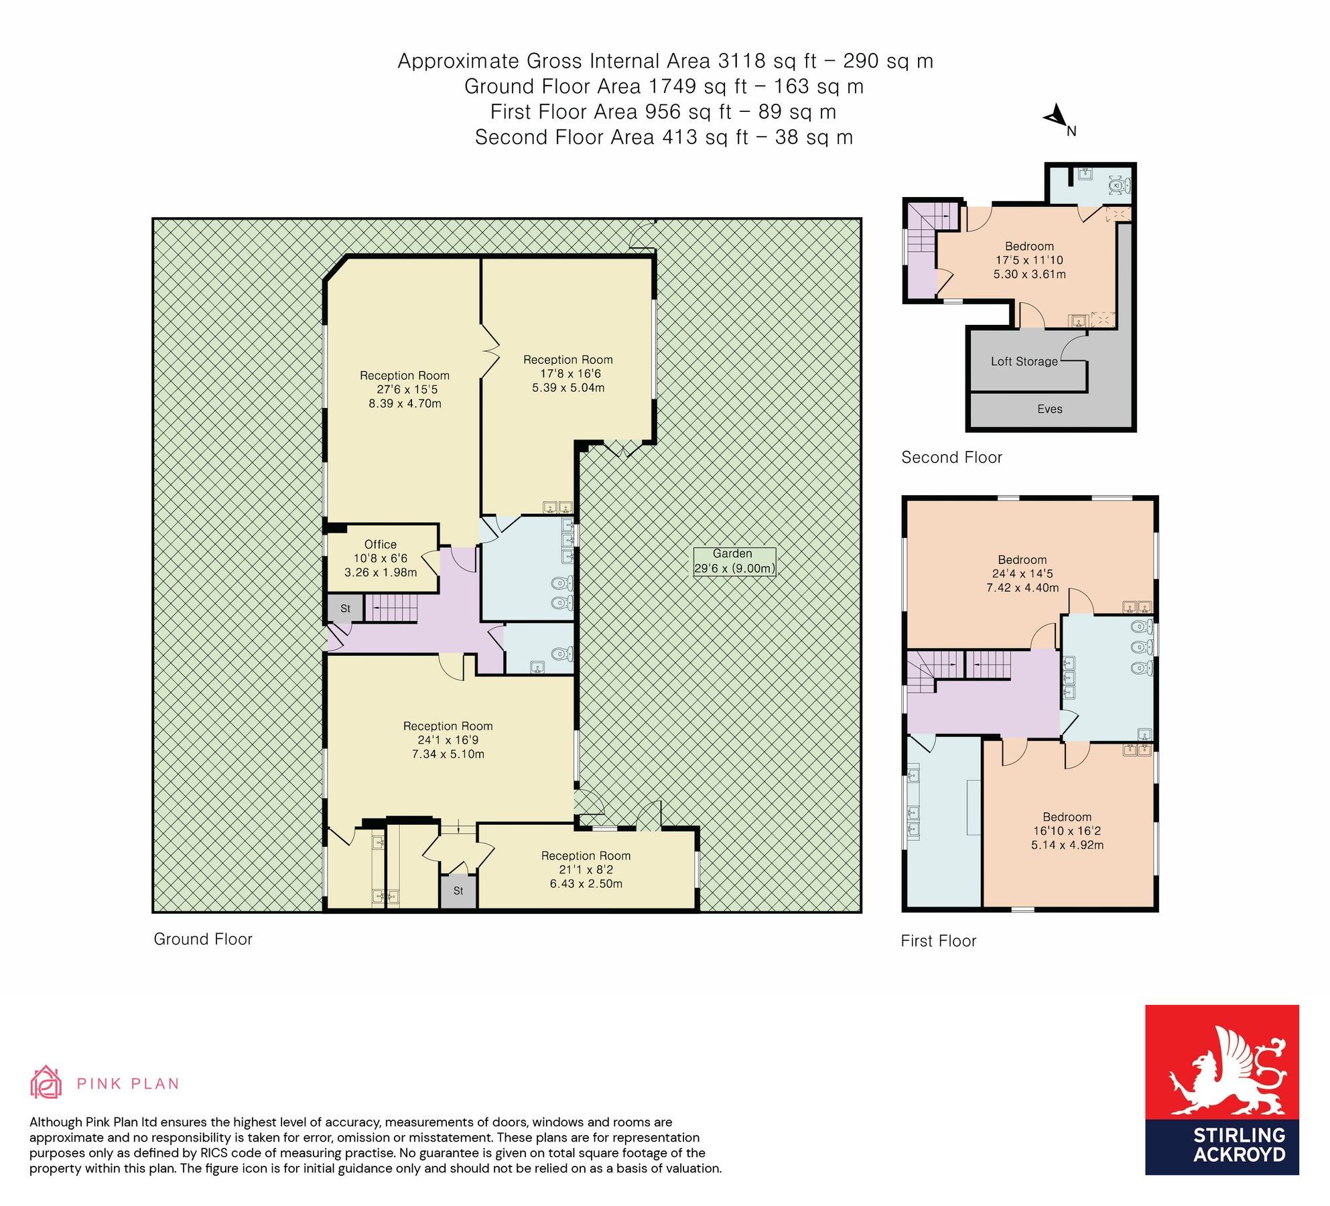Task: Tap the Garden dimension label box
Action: pos(734,561)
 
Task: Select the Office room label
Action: pos(381,545)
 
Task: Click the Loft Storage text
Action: pos(1024,362)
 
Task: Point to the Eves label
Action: pos(1049,409)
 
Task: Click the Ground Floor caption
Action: pos(203,939)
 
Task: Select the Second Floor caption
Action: pos(951,458)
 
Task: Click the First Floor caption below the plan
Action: pos(938,941)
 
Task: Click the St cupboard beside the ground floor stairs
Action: pos(345,609)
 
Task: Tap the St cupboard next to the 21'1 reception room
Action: pos(458,891)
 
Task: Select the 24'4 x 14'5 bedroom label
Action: pos(1022,574)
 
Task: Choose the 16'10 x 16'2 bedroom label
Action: pos(1067,831)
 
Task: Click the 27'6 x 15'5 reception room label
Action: pos(405,390)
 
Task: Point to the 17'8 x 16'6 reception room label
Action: pos(568,374)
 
